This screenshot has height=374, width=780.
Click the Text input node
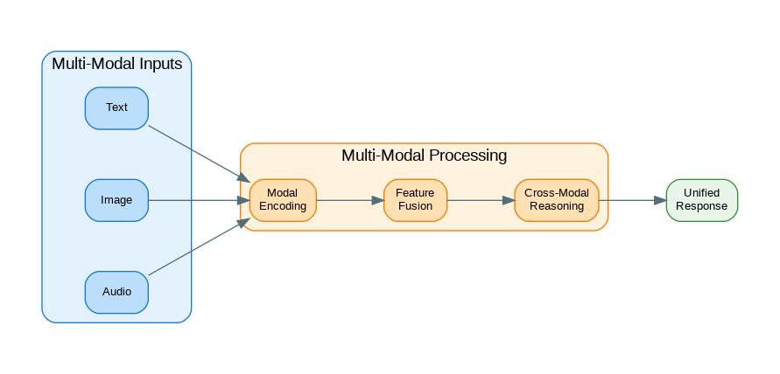coord(116,108)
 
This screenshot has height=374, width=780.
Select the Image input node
coord(116,200)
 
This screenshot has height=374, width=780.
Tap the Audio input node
coord(116,292)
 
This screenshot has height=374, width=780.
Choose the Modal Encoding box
coord(282,200)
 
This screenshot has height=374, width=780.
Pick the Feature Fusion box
coord(415,200)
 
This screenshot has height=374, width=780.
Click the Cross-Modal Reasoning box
coord(557,200)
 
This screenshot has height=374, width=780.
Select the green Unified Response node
coord(701,200)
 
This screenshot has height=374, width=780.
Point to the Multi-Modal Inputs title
coord(116,64)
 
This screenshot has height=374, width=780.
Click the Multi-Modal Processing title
coord(424,156)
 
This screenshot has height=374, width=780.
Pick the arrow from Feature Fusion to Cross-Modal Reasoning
coord(480,200)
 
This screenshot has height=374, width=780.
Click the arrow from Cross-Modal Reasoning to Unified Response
coord(630,200)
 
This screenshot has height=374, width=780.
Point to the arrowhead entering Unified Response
coord(660,200)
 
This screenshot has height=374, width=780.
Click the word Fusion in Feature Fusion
coord(415,207)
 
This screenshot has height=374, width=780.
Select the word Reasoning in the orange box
coord(557,207)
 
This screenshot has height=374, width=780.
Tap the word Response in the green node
coord(701,207)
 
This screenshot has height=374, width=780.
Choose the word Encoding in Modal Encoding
coord(282,207)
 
